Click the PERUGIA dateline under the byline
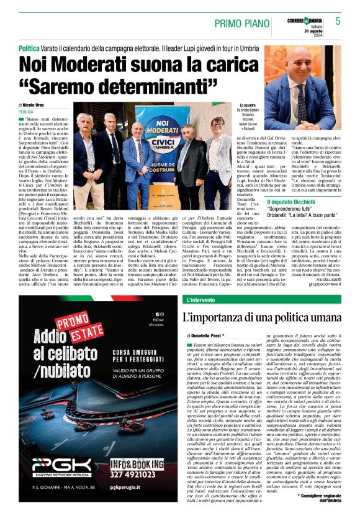[x=27, y=112]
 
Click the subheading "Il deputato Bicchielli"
[x=291, y=202]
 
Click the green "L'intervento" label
[x=202, y=300]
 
